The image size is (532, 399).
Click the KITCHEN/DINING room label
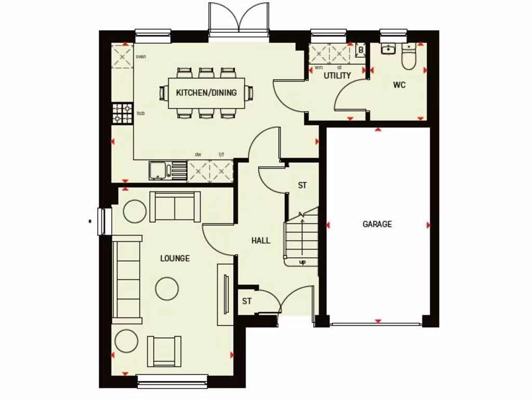(206, 93)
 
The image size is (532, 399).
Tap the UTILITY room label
(337, 75)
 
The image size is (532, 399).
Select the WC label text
(398, 85)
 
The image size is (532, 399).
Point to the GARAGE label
(377, 224)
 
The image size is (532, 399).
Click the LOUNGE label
(175, 258)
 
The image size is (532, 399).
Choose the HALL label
(260, 241)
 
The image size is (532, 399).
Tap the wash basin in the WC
(388, 49)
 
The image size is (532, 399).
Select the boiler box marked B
(361, 50)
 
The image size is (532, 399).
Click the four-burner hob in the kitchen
(123, 113)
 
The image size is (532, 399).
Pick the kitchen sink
(162, 170)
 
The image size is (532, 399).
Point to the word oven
(140, 56)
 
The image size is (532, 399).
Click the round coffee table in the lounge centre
(167, 288)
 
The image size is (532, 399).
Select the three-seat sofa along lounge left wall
(127, 280)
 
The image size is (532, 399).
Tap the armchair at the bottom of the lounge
(164, 351)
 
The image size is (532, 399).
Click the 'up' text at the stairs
(302, 262)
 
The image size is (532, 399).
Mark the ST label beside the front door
(247, 301)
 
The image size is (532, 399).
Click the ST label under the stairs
(302, 185)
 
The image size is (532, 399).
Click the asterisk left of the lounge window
(90, 221)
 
